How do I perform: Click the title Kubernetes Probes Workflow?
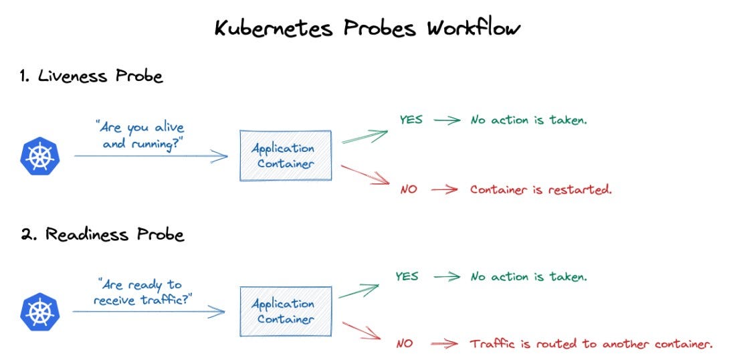tap(367, 29)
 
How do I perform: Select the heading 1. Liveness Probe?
tap(91, 76)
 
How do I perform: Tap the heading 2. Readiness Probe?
tap(102, 234)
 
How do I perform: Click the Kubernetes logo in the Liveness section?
tap(39, 157)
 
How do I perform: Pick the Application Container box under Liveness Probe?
tap(286, 156)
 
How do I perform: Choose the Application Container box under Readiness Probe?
tap(286, 311)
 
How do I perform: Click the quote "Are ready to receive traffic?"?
tap(142, 291)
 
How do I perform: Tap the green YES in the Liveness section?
tap(412, 120)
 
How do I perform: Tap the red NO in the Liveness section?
tap(409, 189)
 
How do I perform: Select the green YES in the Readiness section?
tap(407, 276)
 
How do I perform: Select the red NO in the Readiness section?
tap(405, 344)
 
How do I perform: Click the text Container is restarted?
tap(540, 189)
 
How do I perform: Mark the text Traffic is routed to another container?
tap(591, 344)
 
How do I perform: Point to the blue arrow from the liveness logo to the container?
tap(150, 157)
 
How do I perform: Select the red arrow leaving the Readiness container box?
tap(362, 333)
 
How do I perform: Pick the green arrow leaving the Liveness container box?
tap(364, 137)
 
